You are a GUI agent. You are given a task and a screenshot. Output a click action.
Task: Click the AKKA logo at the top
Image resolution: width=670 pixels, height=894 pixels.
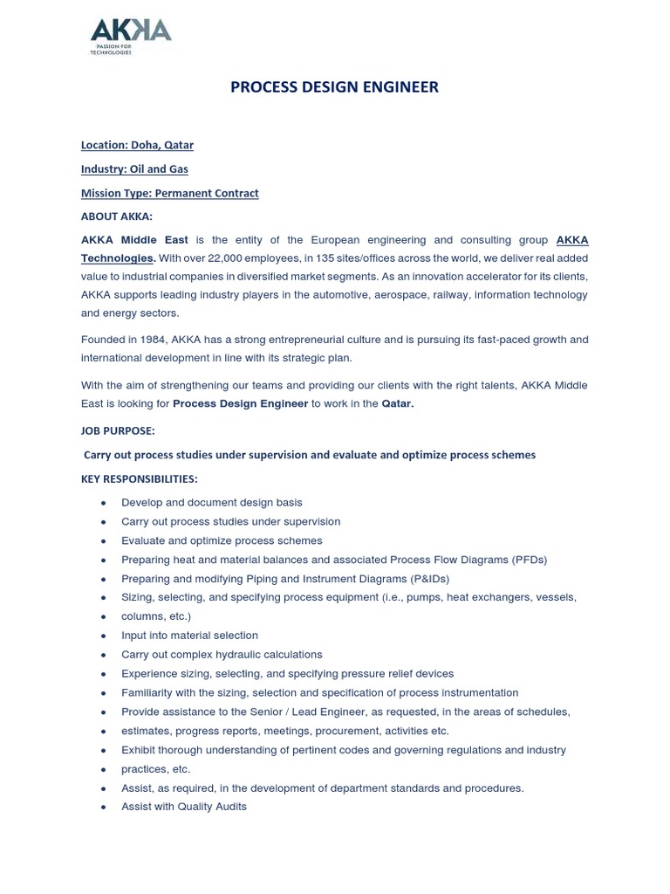[x=131, y=36]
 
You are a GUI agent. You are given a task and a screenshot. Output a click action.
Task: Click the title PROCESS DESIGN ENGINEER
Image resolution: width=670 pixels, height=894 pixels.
[x=334, y=87]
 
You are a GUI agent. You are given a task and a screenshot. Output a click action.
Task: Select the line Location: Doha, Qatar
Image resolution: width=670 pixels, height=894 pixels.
[x=137, y=145]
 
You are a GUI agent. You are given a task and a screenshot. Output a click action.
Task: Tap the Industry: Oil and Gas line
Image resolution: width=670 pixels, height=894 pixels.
[x=134, y=168]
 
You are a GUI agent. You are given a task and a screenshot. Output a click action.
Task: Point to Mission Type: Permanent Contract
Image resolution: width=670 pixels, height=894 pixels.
[x=169, y=193]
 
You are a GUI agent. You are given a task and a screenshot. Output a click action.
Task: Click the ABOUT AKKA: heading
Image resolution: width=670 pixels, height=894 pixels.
[x=116, y=217]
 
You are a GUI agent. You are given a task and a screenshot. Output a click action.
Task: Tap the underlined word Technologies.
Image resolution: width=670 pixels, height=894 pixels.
[x=118, y=258]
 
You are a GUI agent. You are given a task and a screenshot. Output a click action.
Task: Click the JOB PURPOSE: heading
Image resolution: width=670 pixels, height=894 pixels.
[x=118, y=431]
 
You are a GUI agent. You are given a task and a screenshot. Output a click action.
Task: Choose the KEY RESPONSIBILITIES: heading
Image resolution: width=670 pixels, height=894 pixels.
[x=139, y=478]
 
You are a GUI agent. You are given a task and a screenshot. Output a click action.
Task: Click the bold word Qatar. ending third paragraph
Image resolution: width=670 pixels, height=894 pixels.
[x=398, y=403]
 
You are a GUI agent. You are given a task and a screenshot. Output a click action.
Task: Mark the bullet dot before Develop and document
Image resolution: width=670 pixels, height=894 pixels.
[x=104, y=503]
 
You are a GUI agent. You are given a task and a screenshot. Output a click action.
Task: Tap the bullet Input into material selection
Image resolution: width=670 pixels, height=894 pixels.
[x=189, y=636]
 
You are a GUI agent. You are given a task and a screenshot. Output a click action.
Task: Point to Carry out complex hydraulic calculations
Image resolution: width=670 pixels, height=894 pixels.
[x=222, y=655]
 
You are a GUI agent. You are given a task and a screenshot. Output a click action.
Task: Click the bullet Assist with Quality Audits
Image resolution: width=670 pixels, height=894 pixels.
[x=183, y=807]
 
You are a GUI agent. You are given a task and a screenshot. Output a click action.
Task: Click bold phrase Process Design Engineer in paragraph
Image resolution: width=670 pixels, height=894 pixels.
[x=240, y=403]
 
